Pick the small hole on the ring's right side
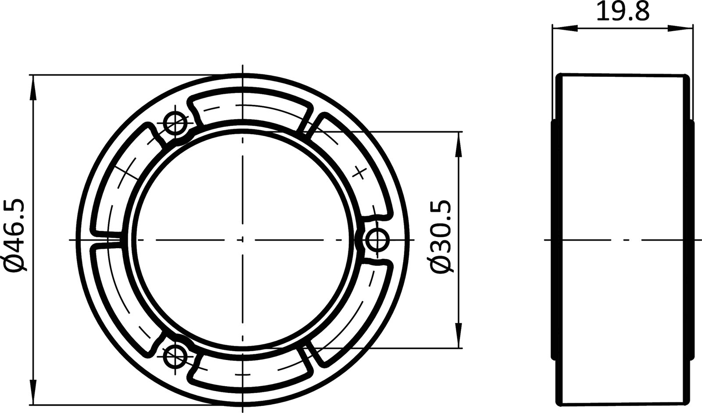[x=377, y=240]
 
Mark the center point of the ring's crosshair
[x=242, y=240]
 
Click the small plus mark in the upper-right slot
[x=360, y=172]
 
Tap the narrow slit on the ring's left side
[x=105, y=240]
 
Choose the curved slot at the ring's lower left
[x=121, y=303]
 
